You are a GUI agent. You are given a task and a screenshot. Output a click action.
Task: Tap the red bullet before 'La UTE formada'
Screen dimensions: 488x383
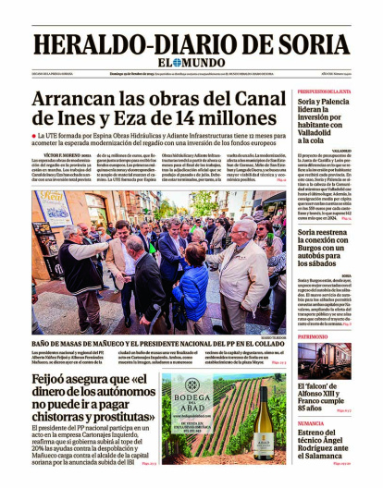pyautogui.click(x=34, y=135)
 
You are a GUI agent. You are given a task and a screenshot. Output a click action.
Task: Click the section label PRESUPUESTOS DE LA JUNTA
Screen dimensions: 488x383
pyautogui.click(x=324, y=92)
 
